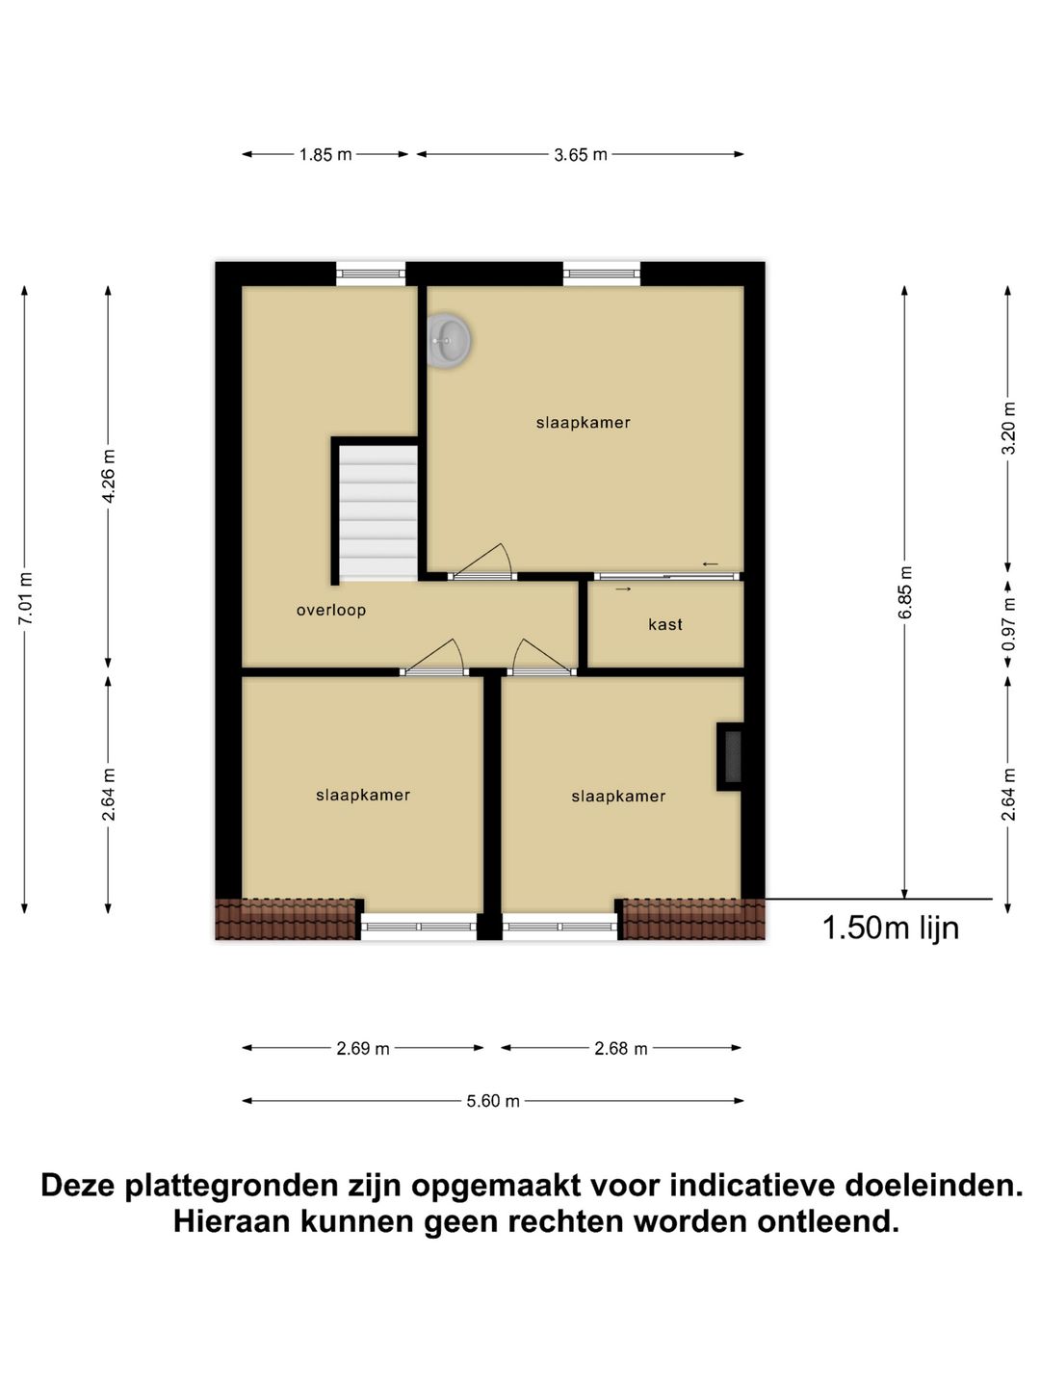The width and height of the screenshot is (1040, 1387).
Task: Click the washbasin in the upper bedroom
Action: [x=449, y=340]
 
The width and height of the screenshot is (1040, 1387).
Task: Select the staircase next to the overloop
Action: [x=377, y=511]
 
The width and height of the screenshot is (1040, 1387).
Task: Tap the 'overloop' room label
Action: [x=330, y=610]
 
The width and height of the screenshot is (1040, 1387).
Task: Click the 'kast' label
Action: [x=665, y=624]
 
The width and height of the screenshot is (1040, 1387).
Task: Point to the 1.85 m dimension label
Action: [x=325, y=155]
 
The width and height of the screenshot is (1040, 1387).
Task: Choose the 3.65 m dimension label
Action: [x=581, y=155]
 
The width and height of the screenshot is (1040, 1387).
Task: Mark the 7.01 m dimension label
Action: [x=26, y=598]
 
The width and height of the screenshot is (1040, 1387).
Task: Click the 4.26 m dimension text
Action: [x=109, y=476]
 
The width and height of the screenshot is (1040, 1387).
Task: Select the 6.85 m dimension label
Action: [x=904, y=592]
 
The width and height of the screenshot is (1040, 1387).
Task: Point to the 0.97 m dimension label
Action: [x=1008, y=624]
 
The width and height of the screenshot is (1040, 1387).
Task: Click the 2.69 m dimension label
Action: [x=363, y=1049]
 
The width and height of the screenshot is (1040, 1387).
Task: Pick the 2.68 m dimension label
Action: [x=621, y=1049]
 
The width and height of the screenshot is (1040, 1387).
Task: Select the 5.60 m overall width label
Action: [x=493, y=1101]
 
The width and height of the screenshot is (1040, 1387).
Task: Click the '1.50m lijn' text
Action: [x=890, y=928]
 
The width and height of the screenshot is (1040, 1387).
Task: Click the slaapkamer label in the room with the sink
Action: [x=584, y=422]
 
